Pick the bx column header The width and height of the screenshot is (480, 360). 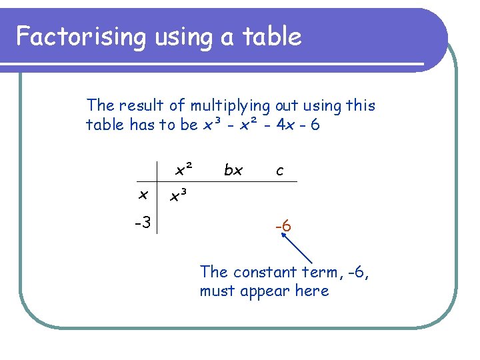(x=233, y=171)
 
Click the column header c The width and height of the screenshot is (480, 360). (x=279, y=171)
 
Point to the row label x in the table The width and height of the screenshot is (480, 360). (x=142, y=195)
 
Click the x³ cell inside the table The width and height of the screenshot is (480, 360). (x=178, y=196)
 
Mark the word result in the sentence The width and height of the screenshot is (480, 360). (x=145, y=105)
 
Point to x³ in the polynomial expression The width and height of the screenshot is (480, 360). (x=212, y=125)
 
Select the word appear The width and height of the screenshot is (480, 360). (x=264, y=292)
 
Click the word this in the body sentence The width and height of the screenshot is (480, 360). (x=361, y=105)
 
